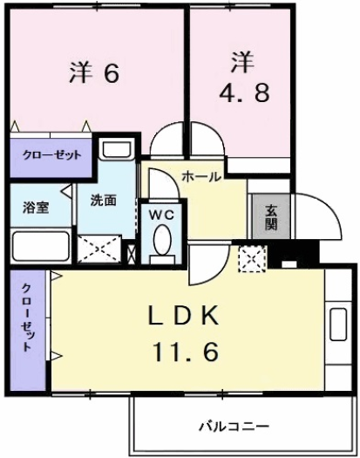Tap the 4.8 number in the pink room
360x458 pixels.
click(238, 92)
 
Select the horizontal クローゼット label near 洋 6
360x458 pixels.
click(51, 154)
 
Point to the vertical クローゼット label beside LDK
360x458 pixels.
click(29, 318)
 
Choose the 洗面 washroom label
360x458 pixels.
click(104, 200)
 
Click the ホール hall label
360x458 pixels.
click(201, 176)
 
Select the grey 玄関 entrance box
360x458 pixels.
click(271, 215)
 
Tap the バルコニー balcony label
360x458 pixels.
click(233, 427)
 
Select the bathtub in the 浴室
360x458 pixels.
click(41, 246)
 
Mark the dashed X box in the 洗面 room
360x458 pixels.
click(100, 248)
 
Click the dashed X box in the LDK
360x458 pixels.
click(252, 257)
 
